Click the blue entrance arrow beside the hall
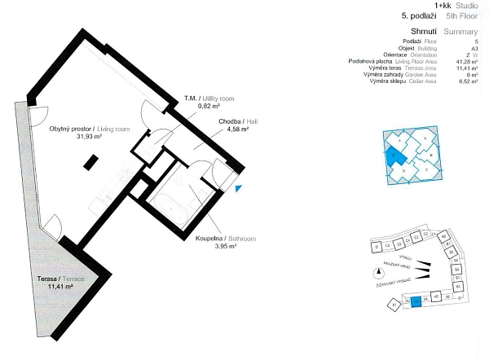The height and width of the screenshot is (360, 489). coord(237,189)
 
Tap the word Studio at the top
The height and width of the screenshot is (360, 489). coord(469,5)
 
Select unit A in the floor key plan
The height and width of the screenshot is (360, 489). coord(425,138)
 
